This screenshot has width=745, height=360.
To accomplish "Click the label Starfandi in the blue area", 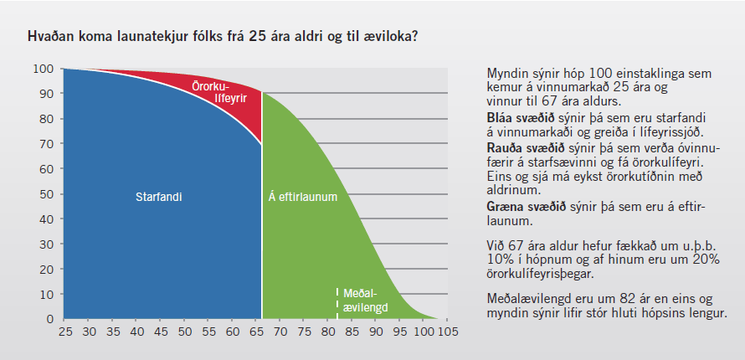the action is [x=159, y=197].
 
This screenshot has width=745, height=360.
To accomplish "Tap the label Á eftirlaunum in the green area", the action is [x=303, y=197].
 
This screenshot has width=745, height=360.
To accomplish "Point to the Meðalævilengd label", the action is [x=365, y=301].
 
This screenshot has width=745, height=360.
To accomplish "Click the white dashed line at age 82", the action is [x=337, y=303].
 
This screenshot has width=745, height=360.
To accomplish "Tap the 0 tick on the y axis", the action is [x=50, y=319].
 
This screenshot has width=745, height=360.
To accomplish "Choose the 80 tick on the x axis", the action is [x=327, y=331].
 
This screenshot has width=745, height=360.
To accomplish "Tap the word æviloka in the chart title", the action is [x=393, y=36].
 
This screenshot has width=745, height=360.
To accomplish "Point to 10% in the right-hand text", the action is [x=499, y=260].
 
